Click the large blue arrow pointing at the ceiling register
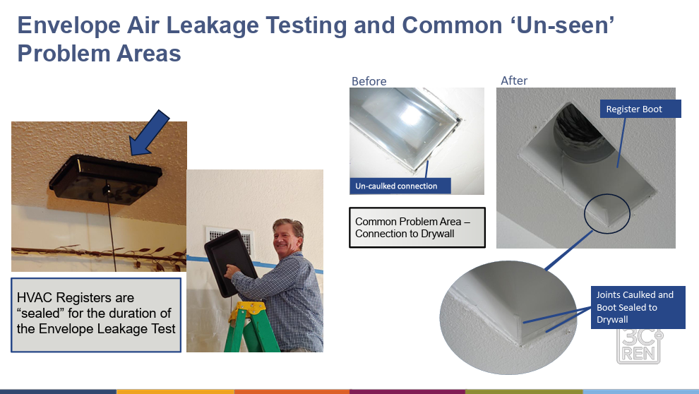click(x=149, y=133)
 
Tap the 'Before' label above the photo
click(x=369, y=81)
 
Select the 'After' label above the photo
click(x=514, y=80)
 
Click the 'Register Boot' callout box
click(x=640, y=109)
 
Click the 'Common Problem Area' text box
click(x=417, y=227)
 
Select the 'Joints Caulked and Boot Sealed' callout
click(x=638, y=307)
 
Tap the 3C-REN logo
click(x=640, y=346)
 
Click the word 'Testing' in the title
click(x=306, y=25)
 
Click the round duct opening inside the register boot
click(x=580, y=131)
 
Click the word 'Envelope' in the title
click(x=69, y=25)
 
